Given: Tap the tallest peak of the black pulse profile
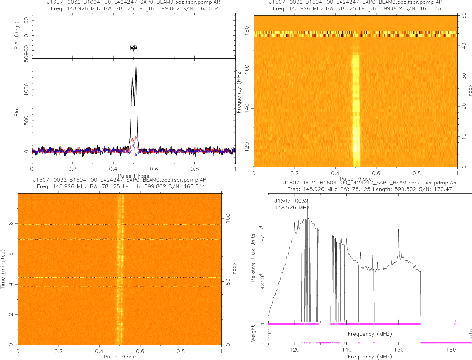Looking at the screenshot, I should tap(136, 65).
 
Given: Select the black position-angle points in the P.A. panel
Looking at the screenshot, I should tap(134, 48).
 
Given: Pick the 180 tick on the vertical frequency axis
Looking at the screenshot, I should tap(247, 31).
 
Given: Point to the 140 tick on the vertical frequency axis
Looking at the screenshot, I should tap(247, 109).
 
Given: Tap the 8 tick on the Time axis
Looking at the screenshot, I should tap(12, 224).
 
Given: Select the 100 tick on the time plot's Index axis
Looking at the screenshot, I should tap(229, 218).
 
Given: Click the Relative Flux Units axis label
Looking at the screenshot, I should tap(253, 258).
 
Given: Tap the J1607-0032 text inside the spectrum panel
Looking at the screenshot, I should tap(291, 201).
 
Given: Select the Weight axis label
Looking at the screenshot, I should tap(253, 333).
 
